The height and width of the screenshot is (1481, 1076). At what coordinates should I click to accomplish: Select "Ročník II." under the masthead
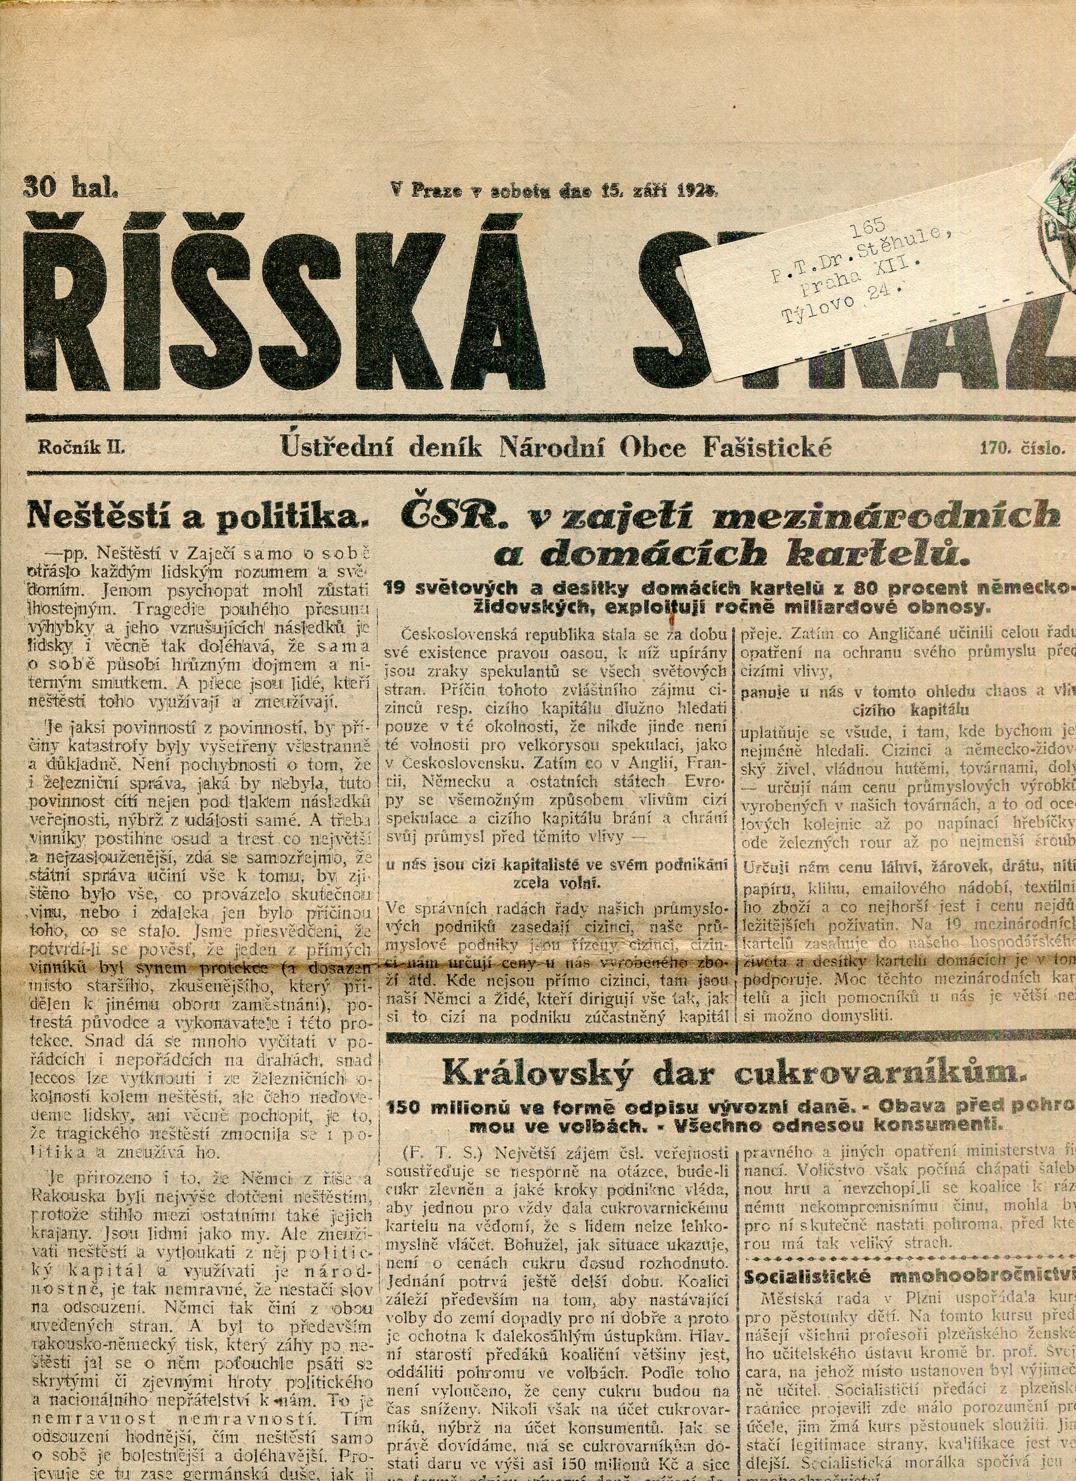coord(81,448)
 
